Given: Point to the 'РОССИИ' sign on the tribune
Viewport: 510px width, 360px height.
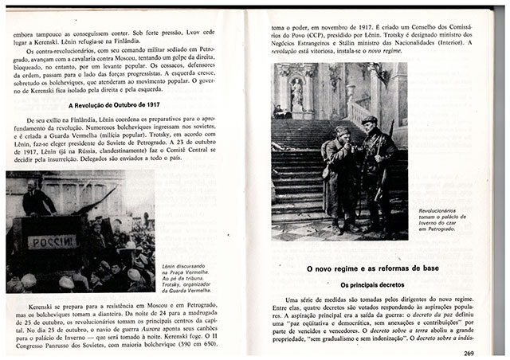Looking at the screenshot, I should point(53,241).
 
